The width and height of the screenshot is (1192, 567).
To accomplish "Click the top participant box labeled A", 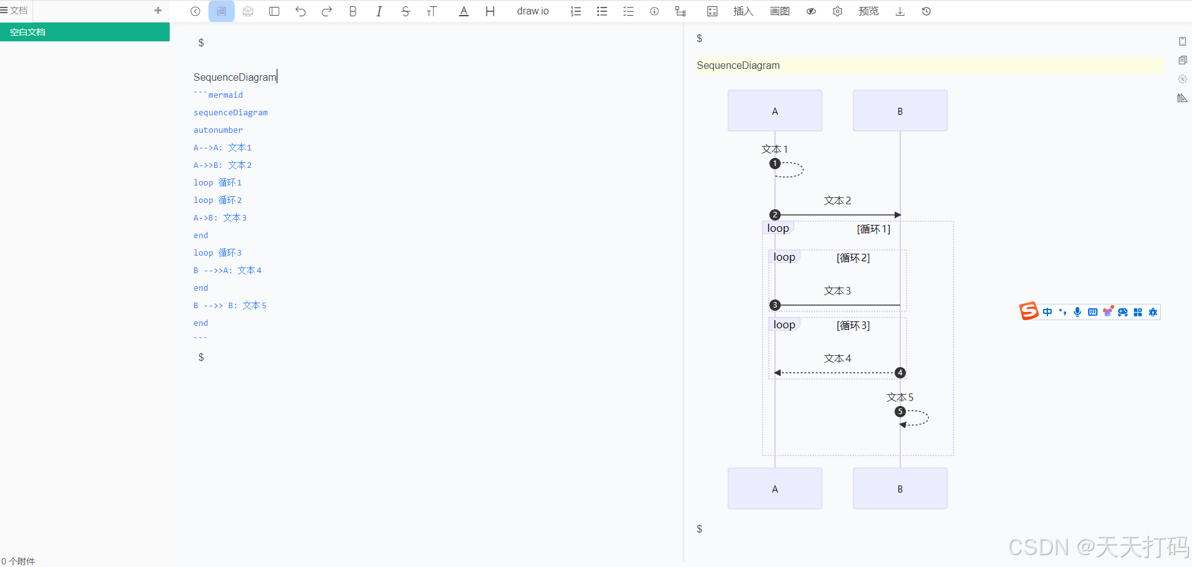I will coord(774,111).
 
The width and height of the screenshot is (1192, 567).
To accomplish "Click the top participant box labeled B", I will coord(900,111).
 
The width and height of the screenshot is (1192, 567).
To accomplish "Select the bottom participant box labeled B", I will coord(900,489).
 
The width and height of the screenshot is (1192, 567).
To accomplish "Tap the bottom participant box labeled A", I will coord(774,489).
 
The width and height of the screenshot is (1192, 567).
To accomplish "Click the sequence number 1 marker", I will coord(775,164).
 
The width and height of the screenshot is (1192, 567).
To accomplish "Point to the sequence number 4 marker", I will coord(900,373).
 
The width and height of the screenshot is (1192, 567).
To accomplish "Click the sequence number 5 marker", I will coord(900,412).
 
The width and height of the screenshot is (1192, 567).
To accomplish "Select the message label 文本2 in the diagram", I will coord(838,200).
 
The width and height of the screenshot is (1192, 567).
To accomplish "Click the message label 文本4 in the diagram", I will coord(838,358).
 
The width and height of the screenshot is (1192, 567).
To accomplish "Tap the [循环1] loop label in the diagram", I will coord(873,229).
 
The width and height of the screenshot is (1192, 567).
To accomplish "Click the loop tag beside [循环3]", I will coord(784,325).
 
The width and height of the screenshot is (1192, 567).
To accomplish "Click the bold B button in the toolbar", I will coord(353,11).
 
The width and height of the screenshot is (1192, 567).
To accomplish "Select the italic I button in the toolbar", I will coord(379,11).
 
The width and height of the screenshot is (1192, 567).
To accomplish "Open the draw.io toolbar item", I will coord(533,11).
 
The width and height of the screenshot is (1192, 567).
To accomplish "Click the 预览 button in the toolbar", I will coord(868,11).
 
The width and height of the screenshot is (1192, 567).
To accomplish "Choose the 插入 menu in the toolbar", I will coord(743,11).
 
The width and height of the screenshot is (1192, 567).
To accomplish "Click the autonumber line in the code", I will coord(218,130).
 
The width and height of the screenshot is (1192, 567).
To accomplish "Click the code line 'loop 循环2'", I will coord(217,200).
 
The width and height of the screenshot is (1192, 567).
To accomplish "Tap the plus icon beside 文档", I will coord(158,11).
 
